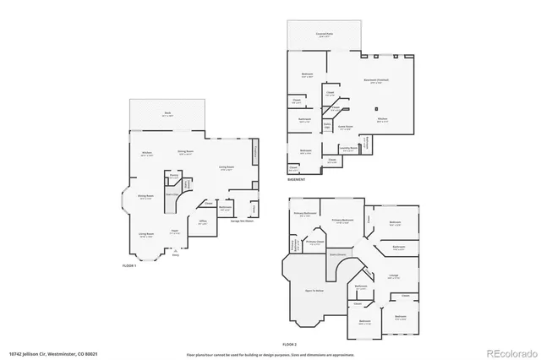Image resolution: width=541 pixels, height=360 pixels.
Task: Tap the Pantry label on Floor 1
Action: click(x=174, y=177)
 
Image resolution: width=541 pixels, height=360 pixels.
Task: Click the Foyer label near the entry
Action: click(x=174, y=232)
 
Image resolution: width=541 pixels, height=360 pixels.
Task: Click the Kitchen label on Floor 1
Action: click(x=146, y=153)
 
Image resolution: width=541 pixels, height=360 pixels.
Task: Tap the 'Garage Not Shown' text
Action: click(x=242, y=221)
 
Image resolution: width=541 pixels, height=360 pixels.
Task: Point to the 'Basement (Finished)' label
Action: click(x=375, y=81)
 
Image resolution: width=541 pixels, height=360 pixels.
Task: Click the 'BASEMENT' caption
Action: click(x=296, y=180)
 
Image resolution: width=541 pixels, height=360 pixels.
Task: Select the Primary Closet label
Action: click(x=316, y=243)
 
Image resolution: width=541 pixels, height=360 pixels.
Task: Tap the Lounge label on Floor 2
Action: click(x=393, y=275)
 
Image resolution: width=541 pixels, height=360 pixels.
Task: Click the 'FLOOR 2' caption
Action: click(x=290, y=344)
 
